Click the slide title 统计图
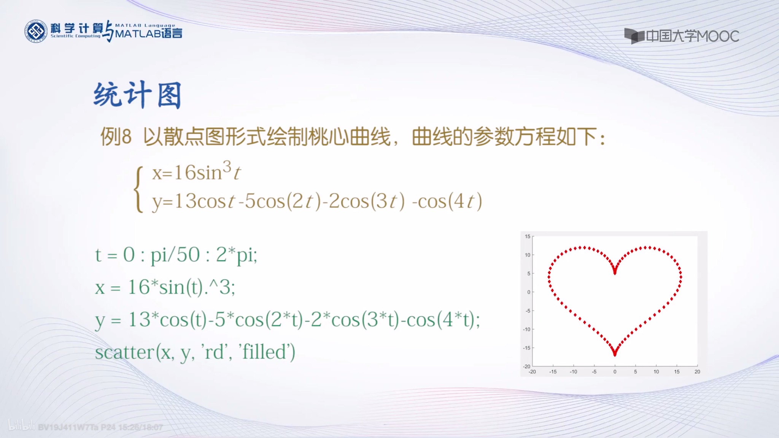[137, 95]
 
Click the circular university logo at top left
[36, 31]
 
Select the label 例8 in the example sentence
[116, 136]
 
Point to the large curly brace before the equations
[139, 189]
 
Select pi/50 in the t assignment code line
[175, 254]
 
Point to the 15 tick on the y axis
[527, 236]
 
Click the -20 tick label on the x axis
[532, 372]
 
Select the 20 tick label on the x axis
[697, 372]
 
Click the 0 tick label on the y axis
[528, 292]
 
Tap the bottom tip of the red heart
[615, 354]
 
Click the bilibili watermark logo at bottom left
[21, 426]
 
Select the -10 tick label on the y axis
[526, 329]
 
